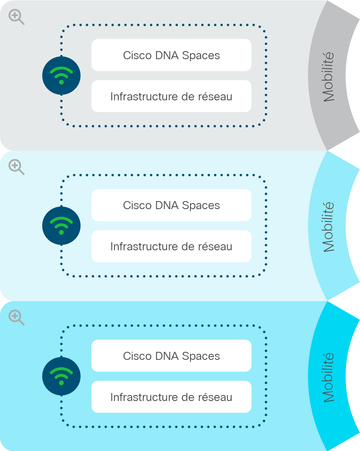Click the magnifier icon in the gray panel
click(16, 17)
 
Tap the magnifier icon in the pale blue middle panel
click(16, 167)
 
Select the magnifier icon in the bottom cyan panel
click(16, 317)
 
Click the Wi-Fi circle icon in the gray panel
click(61, 76)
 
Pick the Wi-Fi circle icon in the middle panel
click(61, 226)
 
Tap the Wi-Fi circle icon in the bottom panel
click(61, 376)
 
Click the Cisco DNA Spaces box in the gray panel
click(172, 55)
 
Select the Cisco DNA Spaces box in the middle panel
click(172, 205)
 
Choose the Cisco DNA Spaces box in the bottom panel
click(172, 356)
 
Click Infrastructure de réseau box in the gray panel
click(172, 96)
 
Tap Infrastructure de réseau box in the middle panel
click(172, 246)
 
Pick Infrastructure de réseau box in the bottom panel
click(172, 397)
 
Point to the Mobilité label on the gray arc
click(328, 77)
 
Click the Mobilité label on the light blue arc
click(328, 227)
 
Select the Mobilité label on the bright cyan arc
click(328, 377)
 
